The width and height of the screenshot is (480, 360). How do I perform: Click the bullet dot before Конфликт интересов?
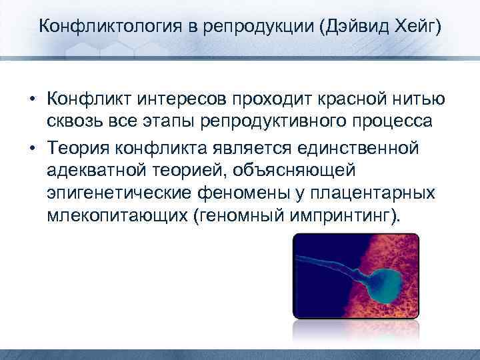(x=32, y=99)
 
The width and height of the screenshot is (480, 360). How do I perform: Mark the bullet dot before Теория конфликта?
(x=32, y=147)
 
